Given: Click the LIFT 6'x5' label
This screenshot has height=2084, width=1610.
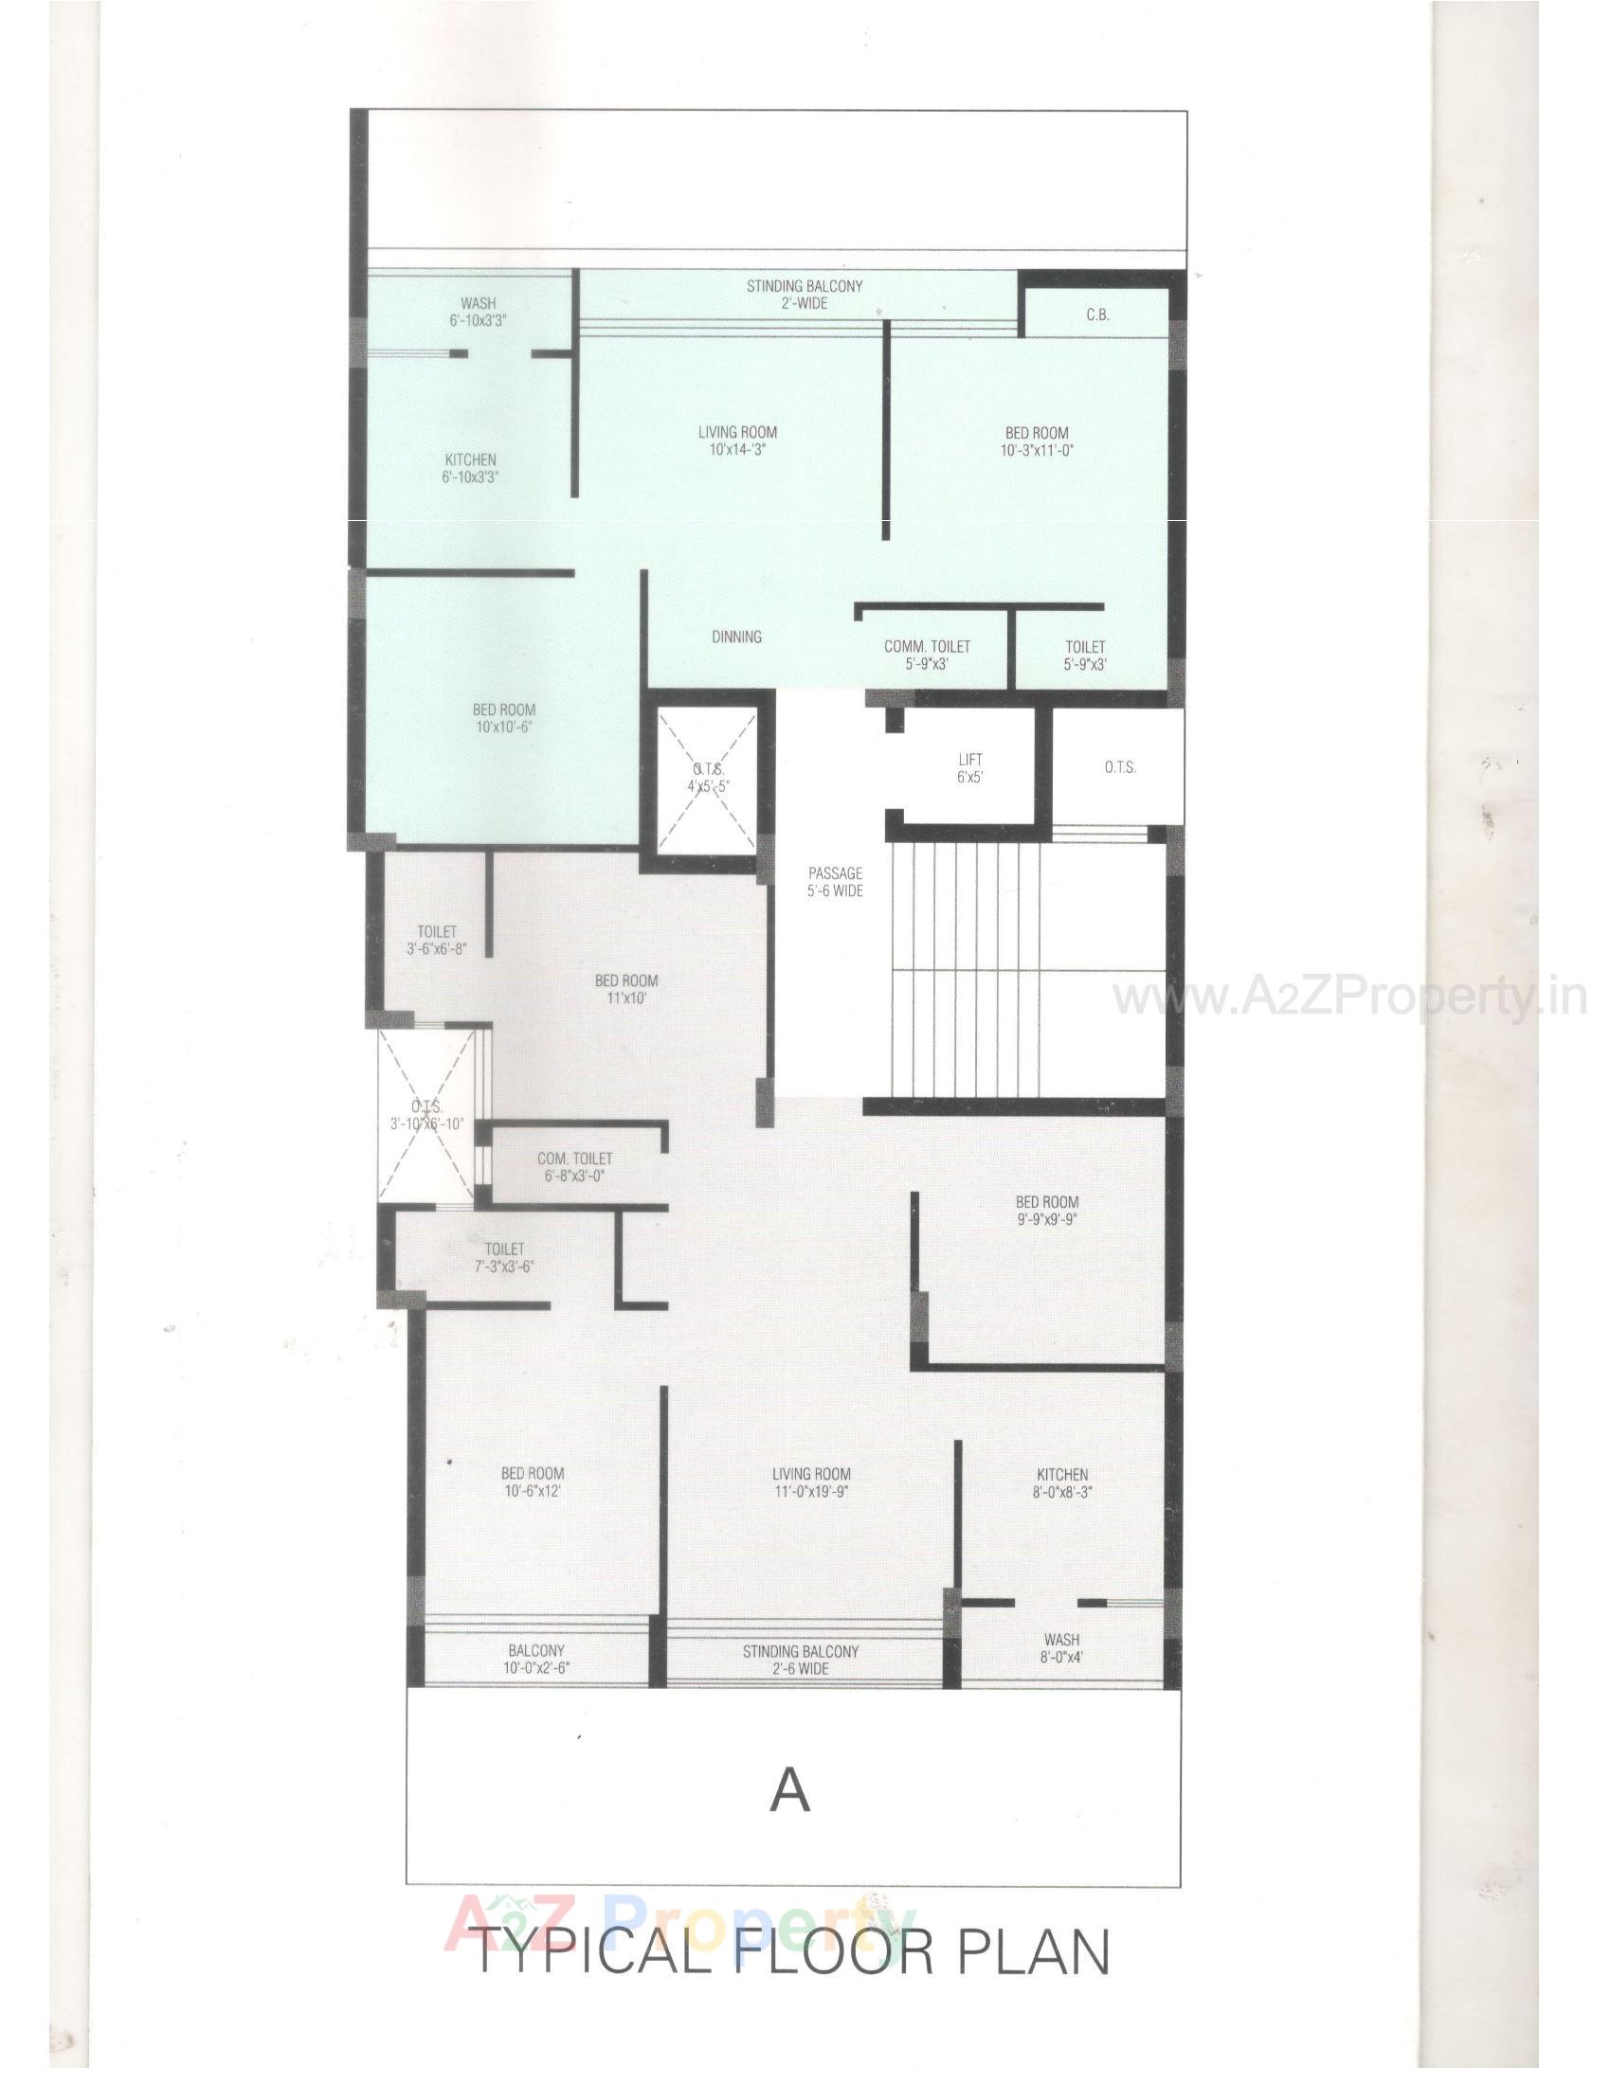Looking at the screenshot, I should point(969,767).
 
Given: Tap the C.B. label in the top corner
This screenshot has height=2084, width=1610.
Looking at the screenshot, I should point(1097,314).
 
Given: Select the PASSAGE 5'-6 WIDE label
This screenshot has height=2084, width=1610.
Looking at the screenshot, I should point(835,882).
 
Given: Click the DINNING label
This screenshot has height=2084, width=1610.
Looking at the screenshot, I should point(735,637).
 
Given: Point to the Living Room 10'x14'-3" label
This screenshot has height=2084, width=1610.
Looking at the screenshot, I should point(737,440).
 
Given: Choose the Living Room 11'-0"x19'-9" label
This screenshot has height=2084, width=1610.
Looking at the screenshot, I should point(811,1482).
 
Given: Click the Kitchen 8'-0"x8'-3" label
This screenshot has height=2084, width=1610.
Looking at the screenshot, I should point(1062,1482).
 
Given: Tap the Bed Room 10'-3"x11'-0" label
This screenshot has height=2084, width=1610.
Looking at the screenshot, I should point(1037,440).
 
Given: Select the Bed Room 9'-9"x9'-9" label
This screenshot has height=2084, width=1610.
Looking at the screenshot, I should point(1047,1210).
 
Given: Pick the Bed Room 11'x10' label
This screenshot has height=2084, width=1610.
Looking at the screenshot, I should point(626,989).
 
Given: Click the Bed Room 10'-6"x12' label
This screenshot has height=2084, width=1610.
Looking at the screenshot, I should point(532,1482).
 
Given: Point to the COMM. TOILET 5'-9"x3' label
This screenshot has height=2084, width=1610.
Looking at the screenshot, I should point(927,655).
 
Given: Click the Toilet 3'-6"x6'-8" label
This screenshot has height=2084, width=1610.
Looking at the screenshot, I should point(436,939).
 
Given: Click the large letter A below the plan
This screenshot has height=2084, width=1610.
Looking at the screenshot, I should point(790,1791).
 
